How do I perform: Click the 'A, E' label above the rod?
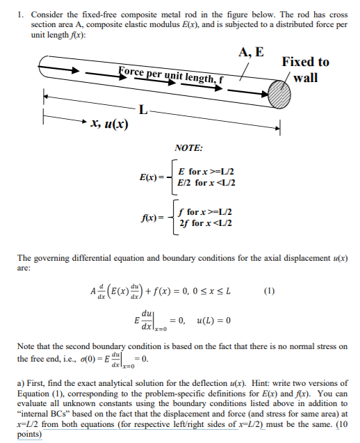(x=251, y=51)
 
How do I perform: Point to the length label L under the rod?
(x=142, y=108)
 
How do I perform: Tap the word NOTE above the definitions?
(x=189, y=148)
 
